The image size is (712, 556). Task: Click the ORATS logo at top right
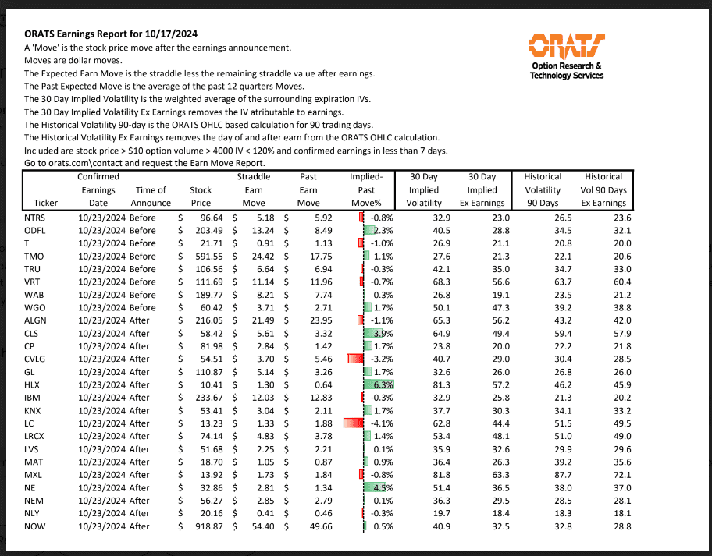pos(566,56)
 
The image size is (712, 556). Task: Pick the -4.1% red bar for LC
pos(354,423)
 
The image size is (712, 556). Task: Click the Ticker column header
pos(35,204)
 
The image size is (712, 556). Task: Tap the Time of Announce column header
pos(151,197)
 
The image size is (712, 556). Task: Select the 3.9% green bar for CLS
pos(374,333)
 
